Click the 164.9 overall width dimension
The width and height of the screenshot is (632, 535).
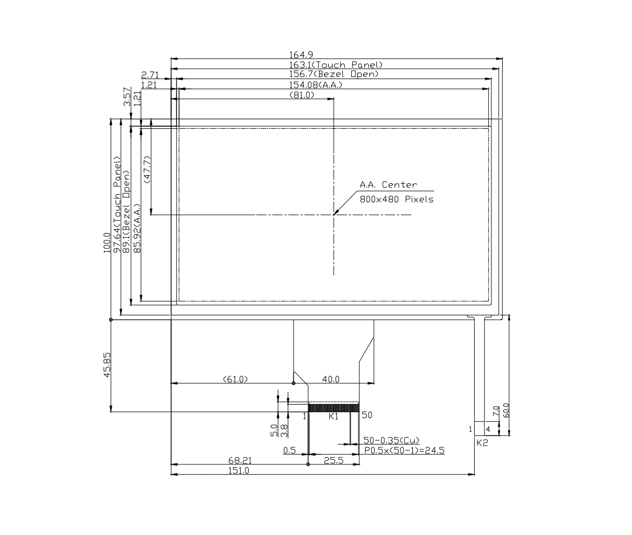click(301, 55)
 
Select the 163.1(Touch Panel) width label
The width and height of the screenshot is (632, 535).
click(336, 65)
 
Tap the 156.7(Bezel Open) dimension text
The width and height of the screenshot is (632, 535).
click(334, 74)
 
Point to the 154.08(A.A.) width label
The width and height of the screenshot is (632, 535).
click(315, 85)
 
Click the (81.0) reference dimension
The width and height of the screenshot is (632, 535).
click(302, 95)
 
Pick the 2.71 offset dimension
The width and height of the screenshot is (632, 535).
click(150, 75)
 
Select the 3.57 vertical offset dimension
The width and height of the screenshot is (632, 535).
click(127, 97)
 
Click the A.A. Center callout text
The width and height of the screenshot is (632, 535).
click(389, 184)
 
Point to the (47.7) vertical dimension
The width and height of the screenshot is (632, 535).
click(147, 169)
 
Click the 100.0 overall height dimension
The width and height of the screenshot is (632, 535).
click(107, 243)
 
